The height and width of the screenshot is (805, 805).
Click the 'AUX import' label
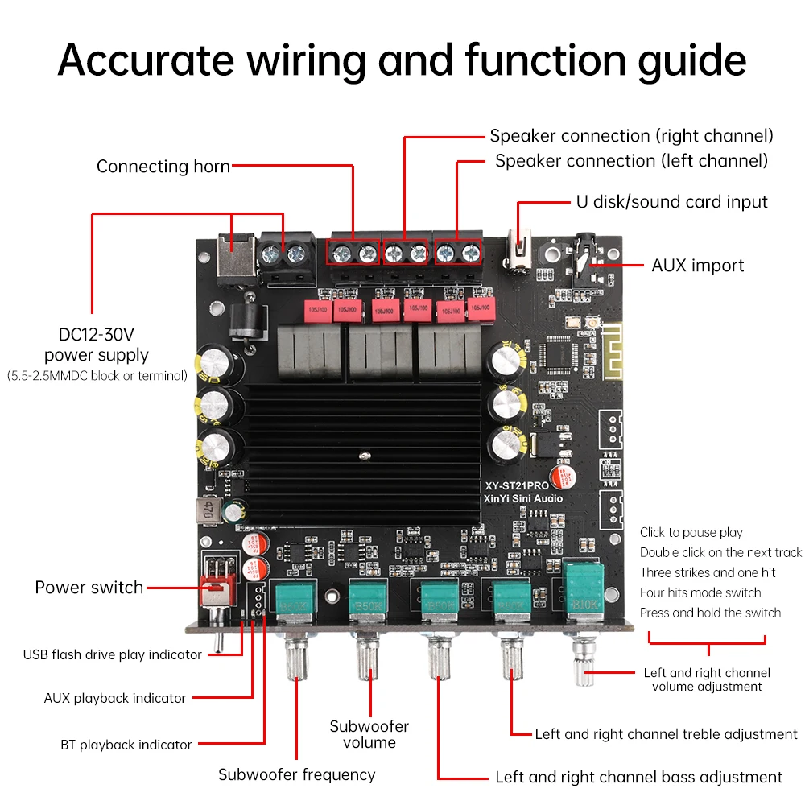pos(697,265)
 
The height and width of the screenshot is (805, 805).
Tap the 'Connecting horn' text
pos(163,167)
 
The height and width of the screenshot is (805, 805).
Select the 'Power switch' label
pos(89,587)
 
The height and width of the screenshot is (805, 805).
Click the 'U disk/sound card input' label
pos(671,202)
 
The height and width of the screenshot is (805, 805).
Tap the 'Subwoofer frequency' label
pos(296,774)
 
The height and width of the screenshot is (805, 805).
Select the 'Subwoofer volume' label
pos(369,733)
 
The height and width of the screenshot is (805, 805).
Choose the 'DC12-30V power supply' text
pos(97,345)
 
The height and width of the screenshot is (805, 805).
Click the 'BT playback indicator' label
pos(126,745)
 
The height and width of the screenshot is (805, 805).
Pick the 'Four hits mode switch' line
pos(700,592)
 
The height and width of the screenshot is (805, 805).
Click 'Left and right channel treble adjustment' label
pos(666,733)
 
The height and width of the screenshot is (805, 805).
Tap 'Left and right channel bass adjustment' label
pos(638,777)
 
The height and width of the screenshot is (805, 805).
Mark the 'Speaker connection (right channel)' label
pos(631,135)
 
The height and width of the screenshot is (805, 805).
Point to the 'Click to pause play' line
pos(691,532)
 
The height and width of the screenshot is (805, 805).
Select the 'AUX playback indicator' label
pos(114,698)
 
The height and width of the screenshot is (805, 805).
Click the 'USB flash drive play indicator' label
pos(112,654)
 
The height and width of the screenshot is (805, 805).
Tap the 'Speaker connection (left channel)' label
pos(631,160)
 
